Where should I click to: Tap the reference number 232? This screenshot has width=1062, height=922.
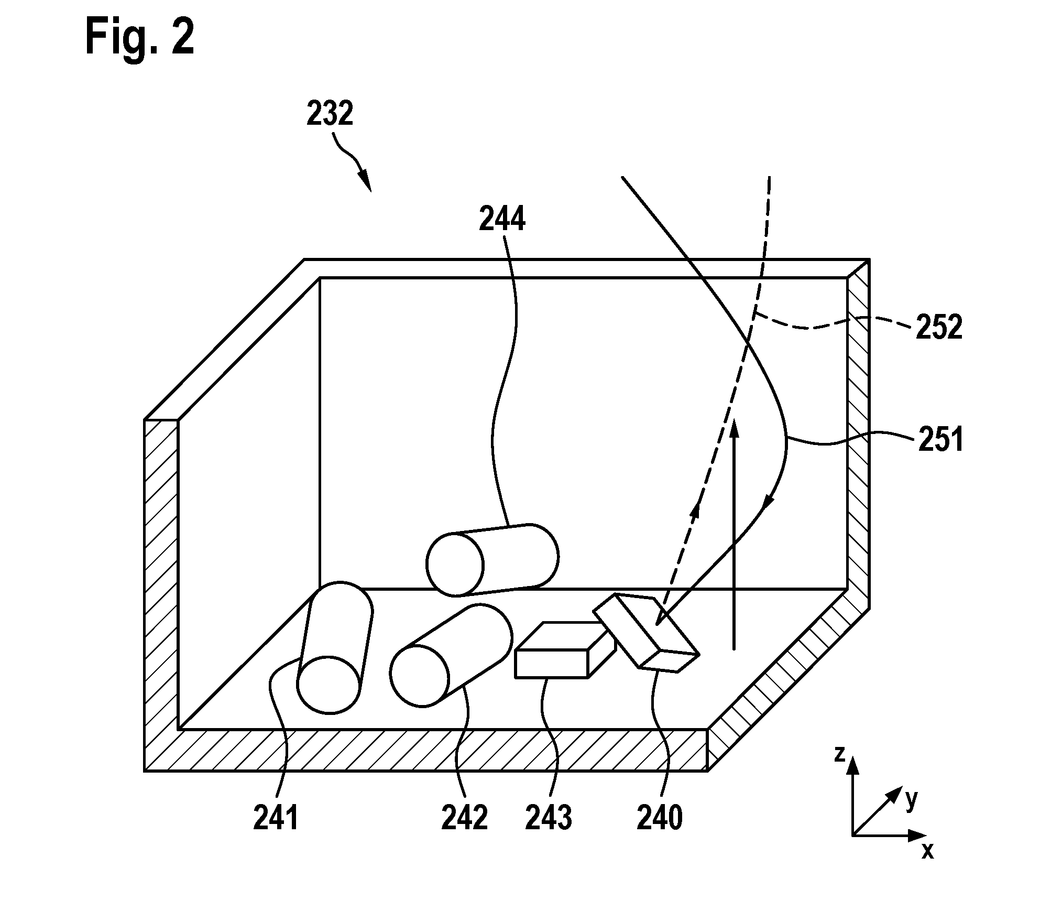(330, 114)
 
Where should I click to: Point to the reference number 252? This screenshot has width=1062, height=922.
(939, 328)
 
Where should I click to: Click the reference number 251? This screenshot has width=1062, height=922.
(940, 439)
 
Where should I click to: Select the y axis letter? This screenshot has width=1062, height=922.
(911, 800)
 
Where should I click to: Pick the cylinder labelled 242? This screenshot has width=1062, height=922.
(451, 655)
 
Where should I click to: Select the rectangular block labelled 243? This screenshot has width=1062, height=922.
(565, 650)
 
